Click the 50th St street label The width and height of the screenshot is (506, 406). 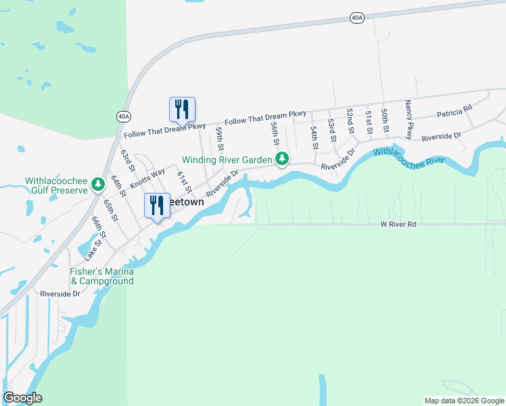click(x=384, y=119)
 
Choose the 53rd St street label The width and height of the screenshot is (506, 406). click(x=331, y=129)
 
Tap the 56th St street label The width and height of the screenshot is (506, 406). click(x=275, y=133)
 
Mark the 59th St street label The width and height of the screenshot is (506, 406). click(x=220, y=137)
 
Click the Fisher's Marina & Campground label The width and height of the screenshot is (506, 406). click(x=102, y=276)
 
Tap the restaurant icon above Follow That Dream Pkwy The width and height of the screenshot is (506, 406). click(x=182, y=109)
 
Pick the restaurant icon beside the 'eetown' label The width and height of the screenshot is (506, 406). click(x=157, y=205)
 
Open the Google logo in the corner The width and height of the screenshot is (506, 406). click(x=22, y=398)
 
